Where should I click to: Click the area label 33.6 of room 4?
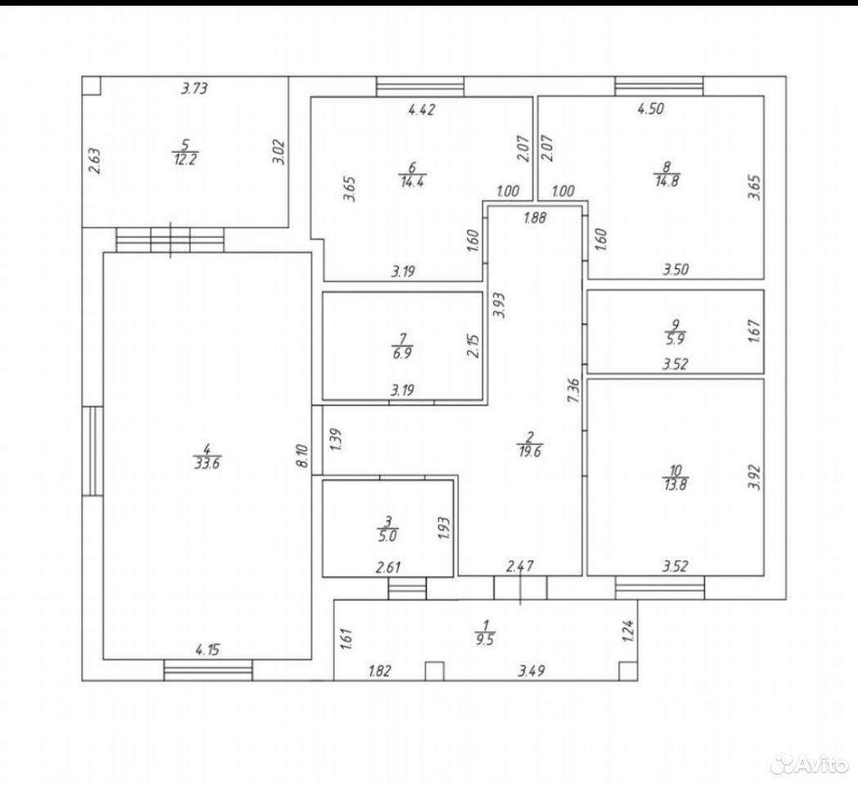click(x=207, y=464)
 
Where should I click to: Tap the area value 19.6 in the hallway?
click(x=530, y=452)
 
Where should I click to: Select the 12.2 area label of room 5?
click(x=185, y=159)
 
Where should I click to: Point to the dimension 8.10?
click(x=303, y=455)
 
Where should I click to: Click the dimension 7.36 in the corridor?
click(x=573, y=391)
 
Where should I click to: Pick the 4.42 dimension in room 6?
click(x=422, y=110)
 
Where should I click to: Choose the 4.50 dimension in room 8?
click(x=650, y=108)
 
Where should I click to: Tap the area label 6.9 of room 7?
click(x=402, y=353)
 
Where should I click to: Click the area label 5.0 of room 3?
click(x=387, y=536)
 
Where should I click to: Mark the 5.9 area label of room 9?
click(x=676, y=339)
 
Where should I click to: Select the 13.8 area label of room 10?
click(x=676, y=485)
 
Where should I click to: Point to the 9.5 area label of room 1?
click(x=485, y=640)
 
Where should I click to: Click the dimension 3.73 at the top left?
click(x=194, y=88)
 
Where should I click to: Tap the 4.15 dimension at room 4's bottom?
click(x=208, y=650)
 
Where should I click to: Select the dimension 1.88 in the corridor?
click(x=535, y=218)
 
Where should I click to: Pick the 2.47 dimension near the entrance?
click(x=520, y=567)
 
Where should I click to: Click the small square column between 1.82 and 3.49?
click(x=434, y=671)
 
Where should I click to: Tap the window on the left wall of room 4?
click(x=92, y=451)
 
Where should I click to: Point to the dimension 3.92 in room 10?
click(x=755, y=477)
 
